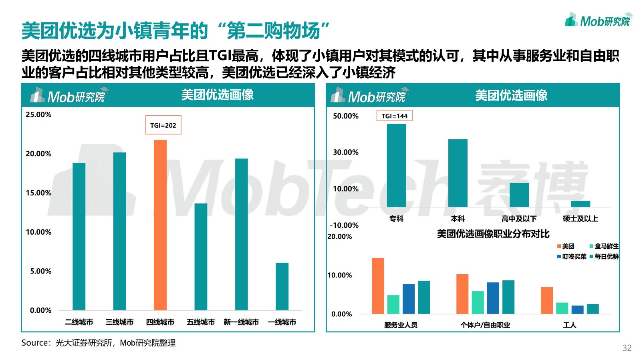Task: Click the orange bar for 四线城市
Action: point(160,225)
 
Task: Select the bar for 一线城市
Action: point(282,286)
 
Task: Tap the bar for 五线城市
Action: point(201,257)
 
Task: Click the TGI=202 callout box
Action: point(163,125)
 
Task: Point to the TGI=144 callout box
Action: point(394,116)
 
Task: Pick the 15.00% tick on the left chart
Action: point(38,193)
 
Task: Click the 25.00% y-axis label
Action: point(38,115)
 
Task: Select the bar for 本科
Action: point(458,173)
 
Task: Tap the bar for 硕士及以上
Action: point(580,204)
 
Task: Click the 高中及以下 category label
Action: point(519,219)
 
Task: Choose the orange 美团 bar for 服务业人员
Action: point(378,286)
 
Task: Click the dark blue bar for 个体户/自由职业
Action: point(493,298)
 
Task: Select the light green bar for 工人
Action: point(562,308)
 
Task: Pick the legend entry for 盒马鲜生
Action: point(604,246)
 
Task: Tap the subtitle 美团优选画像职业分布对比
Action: point(493,234)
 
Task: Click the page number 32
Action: point(627,348)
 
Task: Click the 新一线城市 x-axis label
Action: point(241,322)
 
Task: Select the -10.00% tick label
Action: point(344,225)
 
